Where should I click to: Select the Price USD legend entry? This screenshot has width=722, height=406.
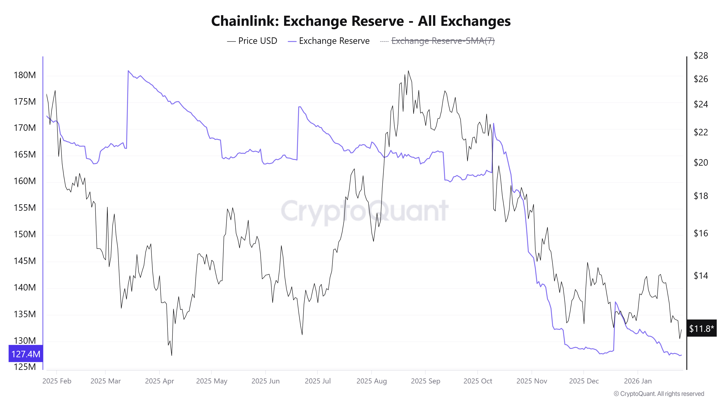point(257,41)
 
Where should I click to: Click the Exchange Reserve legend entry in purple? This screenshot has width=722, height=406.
point(334,41)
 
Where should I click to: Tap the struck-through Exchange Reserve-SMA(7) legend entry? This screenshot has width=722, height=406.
point(443,41)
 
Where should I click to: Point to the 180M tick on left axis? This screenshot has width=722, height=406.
point(25,75)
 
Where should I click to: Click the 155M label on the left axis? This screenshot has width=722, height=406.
point(25,208)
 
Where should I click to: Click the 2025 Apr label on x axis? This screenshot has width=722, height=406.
point(159,381)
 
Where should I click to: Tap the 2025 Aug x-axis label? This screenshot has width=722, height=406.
point(371,381)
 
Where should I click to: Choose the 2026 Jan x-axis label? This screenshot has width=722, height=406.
point(638,381)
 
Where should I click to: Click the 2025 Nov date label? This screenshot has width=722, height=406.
point(531,381)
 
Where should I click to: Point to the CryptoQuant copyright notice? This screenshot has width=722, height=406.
point(659,394)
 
